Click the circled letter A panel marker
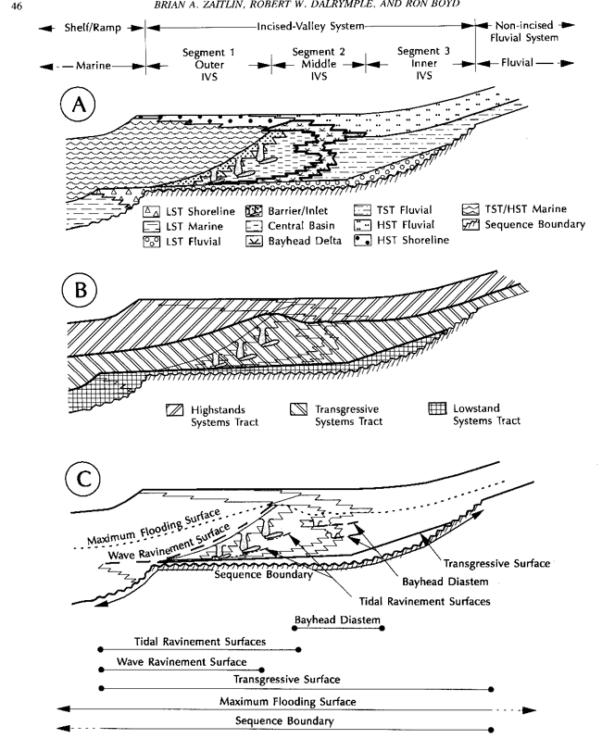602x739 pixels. [78, 105]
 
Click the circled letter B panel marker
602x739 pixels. [80, 290]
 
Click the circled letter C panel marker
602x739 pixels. [82, 479]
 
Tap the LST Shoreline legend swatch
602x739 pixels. [151, 212]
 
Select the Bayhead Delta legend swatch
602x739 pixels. [254, 242]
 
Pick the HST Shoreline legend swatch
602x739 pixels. [362, 241]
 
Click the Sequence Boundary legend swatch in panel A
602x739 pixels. [470, 224]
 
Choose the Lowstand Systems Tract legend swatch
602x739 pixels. [437, 408]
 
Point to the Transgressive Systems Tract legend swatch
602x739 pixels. [298, 409]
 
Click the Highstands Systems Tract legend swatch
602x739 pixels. [174, 409]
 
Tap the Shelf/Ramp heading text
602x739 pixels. [93, 28]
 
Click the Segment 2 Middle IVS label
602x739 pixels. [319, 64]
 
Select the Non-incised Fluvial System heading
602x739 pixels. [524, 31]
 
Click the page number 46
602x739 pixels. [16, 6]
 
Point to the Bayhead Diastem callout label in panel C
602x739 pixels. [445, 582]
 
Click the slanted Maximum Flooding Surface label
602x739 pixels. [154, 526]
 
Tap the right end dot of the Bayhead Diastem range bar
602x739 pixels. [382, 628]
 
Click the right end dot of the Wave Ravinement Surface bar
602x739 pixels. [262, 670]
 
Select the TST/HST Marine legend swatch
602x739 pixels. [470, 209]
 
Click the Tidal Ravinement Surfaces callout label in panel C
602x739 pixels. [424, 601]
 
